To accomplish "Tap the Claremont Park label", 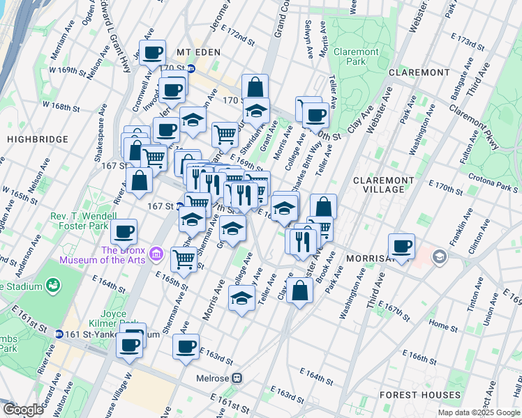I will click(x=356, y=57).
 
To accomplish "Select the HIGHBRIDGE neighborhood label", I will click(x=31, y=139).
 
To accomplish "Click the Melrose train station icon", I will click(x=237, y=378).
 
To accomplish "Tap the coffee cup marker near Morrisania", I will click(x=402, y=246).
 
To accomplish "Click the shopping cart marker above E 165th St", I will click(x=184, y=259).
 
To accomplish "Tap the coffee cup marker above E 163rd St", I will click(x=186, y=346).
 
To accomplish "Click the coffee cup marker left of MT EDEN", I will click(x=153, y=52).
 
